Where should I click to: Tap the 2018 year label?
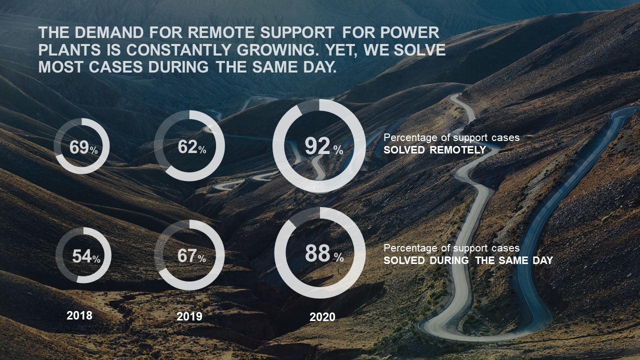(x=79, y=315)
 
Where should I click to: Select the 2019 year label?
(x=189, y=316)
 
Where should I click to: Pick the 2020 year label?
(x=322, y=317)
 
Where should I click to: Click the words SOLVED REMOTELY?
(x=434, y=150)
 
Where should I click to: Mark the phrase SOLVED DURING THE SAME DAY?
(x=468, y=260)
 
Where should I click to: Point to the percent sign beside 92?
(x=338, y=149)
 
